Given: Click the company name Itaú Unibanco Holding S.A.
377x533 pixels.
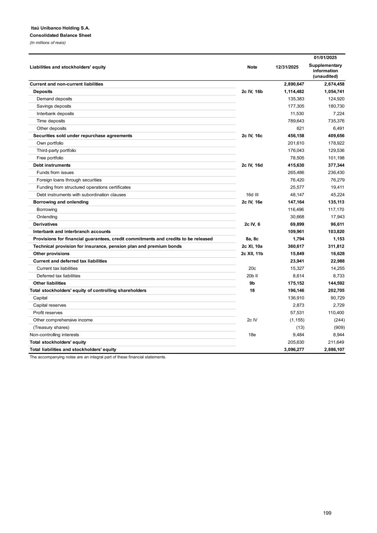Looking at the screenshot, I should click(60, 28).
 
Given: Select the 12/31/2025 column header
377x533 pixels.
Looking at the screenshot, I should click(287, 67).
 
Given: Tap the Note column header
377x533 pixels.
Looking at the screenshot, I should click(252, 67).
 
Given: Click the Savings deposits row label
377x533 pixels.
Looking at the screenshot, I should click(54, 106).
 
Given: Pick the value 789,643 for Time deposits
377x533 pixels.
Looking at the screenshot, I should click(296, 121).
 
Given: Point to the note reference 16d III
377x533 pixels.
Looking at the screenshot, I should click(252, 195).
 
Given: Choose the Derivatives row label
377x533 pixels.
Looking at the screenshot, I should click(45, 225).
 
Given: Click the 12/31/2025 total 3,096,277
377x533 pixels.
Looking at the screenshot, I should click(294, 350).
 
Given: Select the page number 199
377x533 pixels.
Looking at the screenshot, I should click(327, 513).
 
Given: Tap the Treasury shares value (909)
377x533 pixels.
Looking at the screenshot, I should click(339, 328).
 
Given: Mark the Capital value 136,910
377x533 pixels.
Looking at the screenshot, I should click(296, 298).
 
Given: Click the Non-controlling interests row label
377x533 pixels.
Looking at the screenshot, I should click(54, 335).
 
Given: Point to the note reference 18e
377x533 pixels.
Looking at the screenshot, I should click(252, 335).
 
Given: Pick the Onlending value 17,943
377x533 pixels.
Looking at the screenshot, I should click(336, 217).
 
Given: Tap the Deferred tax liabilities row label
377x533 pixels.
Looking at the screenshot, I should click(58, 276).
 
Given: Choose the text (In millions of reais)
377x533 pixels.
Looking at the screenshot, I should click(48, 43).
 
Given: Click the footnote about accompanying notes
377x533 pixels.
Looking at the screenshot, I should click(98, 357).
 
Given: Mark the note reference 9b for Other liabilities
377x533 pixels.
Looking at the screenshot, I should click(252, 283).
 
